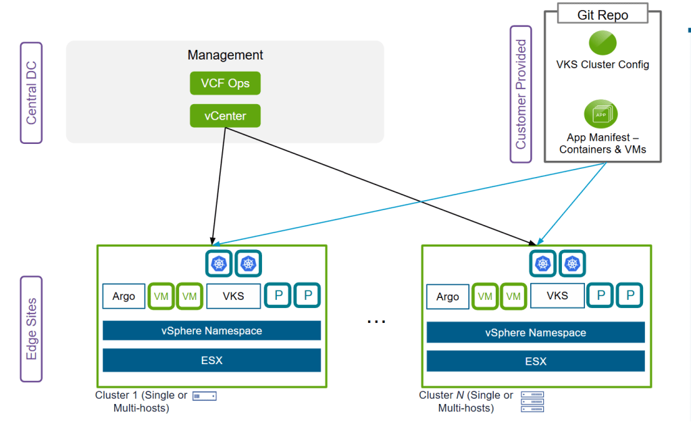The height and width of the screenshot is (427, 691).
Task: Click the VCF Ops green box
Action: (x=225, y=83)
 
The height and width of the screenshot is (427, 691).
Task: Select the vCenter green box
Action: (x=225, y=116)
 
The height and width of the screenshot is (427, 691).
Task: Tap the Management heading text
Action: (x=225, y=55)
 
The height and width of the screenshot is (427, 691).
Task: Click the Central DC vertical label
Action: (x=31, y=93)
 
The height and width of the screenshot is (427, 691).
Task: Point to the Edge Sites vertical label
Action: (x=31, y=329)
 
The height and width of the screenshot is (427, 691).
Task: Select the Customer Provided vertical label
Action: (x=521, y=95)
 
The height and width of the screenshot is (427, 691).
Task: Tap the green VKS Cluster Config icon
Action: (x=603, y=43)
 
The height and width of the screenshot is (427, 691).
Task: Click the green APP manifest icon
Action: (x=601, y=114)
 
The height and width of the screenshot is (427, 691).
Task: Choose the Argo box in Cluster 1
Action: (x=124, y=296)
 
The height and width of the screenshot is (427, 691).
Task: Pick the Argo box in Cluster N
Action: (x=448, y=297)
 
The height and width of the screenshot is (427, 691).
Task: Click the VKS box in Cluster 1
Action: (x=234, y=296)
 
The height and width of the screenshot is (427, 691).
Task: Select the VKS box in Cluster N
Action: (x=557, y=296)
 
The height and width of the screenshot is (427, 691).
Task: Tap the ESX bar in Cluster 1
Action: (x=211, y=361)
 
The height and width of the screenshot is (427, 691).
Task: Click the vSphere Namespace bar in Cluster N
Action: (x=536, y=332)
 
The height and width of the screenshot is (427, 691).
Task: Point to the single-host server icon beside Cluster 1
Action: (x=205, y=396)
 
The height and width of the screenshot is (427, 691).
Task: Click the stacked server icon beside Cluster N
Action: (x=532, y=401)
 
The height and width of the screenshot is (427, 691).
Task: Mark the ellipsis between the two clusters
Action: (x=376, y=322)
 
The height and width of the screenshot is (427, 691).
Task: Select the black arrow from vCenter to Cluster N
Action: (x=381, y=186)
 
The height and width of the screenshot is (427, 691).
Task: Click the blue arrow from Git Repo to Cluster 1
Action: (x=409, y=203)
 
